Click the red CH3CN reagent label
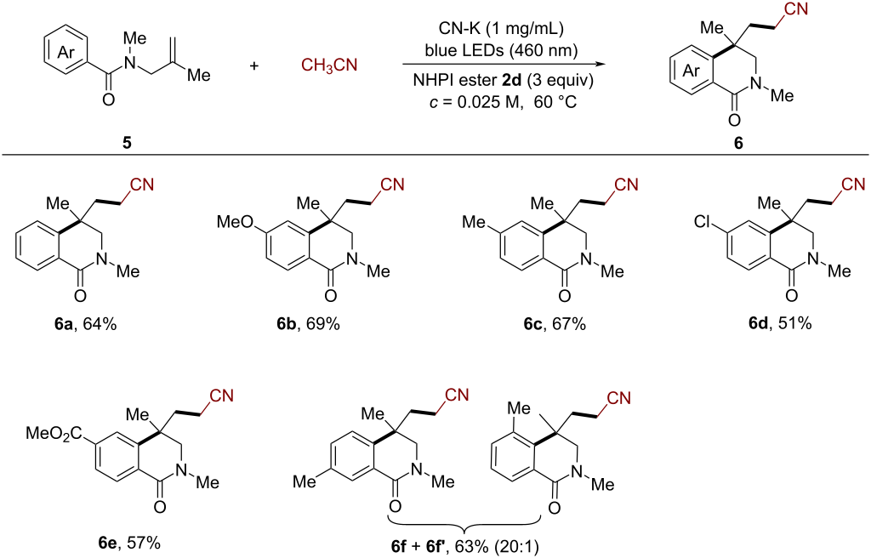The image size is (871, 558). pyautogui.click(x=329, y=65)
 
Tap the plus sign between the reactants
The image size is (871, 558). pyautogui.click(x=253, y=65)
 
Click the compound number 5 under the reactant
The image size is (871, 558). pyautogui.click(x=128, y=143)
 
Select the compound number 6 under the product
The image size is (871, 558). pyautogui.click(x=738, y=143)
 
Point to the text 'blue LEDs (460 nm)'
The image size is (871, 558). pyautogui.click(x=501, y=50)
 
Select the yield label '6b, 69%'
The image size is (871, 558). pyautogui.click(x=308, y=324)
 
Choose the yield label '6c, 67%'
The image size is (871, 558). pyautogui.click(x=555, y=324)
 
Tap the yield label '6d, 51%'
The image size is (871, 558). pyautogui.click(x=780, y=322)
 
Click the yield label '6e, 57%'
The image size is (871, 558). pyautogui.click(x=129, y=543)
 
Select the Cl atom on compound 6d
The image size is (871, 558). pyautogui.click(x=703, y=222)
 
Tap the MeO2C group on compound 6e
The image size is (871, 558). pyautogui.click(x=54, y=433)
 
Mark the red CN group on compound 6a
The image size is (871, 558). pyautogui.click(x=141, y=185)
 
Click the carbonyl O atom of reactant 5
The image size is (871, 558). pyautogui.click(x=109, y=100)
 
